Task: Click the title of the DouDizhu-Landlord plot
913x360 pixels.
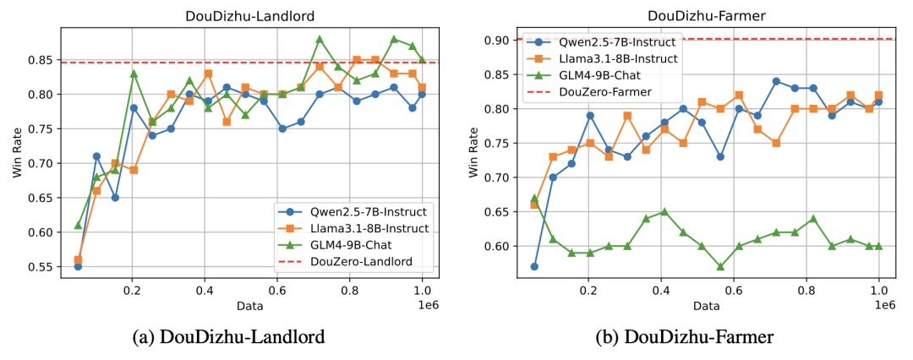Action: click(243, 14)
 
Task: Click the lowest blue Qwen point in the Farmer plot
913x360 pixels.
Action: click(534, 266)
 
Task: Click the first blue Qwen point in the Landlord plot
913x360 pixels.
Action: click(78, 266)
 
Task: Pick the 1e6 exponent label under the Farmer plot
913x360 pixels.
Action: click(883, 302)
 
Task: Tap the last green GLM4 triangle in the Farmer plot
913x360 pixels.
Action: click(878, 246)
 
